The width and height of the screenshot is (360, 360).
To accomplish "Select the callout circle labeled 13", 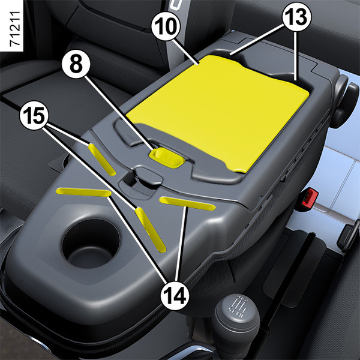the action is tap(296, 17).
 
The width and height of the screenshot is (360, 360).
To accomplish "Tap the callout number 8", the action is tap(76, 65).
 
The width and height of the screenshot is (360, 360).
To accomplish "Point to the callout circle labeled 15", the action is tap(34, 115).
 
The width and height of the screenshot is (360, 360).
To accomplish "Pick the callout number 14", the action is tap(175, 295).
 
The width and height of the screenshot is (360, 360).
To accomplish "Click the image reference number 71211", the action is tap(16, 28).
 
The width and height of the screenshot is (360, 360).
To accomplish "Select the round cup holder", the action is tap(91, 244).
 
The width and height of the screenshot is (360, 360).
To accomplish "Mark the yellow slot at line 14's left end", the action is tap(84, 192).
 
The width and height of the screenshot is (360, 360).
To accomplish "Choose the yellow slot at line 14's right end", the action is tap(188, 203).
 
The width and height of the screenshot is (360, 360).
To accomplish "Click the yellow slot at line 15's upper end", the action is tap(102, 160).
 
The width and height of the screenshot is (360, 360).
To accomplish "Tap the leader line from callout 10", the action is tap(185, 52).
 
